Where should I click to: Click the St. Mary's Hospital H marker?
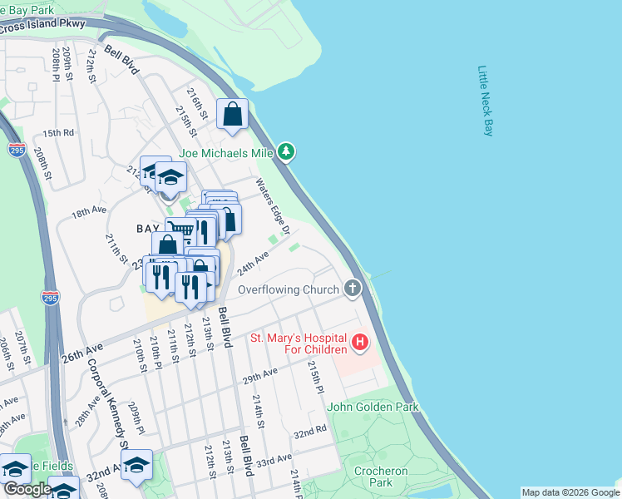pos(360,342)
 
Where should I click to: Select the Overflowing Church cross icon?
pos(353,289)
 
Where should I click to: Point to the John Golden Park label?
pos(373,407)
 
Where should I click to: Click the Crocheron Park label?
pos(373,477)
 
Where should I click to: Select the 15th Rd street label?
pos(58,133)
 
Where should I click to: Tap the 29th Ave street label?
pos(260,375)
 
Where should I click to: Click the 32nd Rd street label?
pos(309,433)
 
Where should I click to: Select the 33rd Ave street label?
pos(274,460)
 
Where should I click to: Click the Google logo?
pos(27,490)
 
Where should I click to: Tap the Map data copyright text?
pos(570,492)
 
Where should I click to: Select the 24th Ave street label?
pos(253,265)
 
